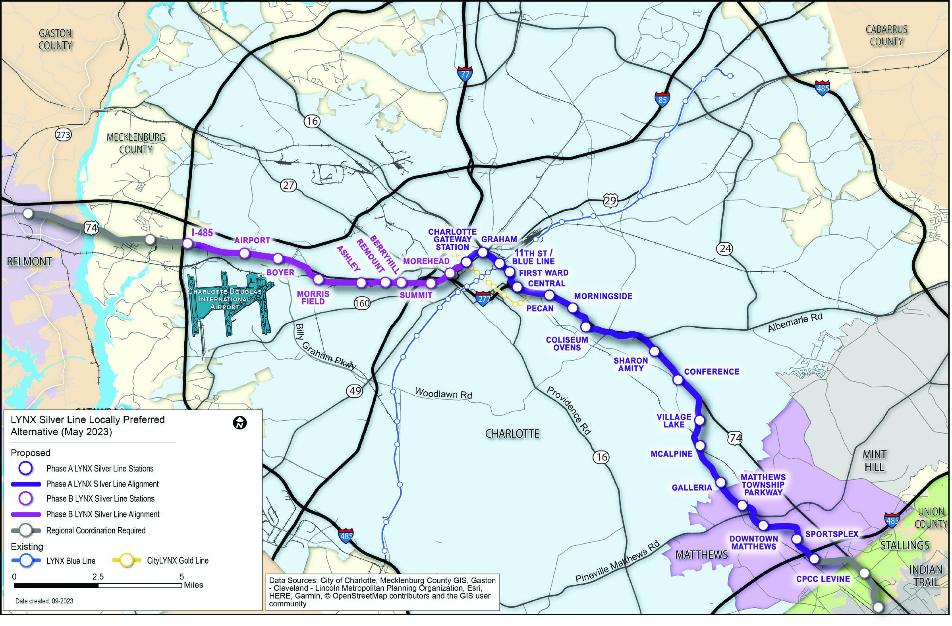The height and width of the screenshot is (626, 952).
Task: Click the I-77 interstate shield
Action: (x=464, y=74)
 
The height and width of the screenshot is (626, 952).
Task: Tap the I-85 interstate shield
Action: (x=662, y=99)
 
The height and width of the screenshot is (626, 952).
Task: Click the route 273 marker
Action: (x=63, y=135)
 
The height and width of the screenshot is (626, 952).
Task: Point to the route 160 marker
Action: (x=361, y=303)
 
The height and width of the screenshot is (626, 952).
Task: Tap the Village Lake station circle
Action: (x=699, y=420)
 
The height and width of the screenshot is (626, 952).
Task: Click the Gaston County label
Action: (x=55, y=39)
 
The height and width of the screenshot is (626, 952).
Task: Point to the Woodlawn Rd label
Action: (x=443, y=393)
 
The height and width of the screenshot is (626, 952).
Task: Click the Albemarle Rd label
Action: (x=795, y=323)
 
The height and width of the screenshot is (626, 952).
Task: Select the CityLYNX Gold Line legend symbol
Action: (x=127, y=561)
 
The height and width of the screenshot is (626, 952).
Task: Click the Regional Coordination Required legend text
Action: (x=96, y=530)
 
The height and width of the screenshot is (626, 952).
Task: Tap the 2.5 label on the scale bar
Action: (x=98, y=576)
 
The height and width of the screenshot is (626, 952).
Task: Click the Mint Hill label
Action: (x=875, y=460)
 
